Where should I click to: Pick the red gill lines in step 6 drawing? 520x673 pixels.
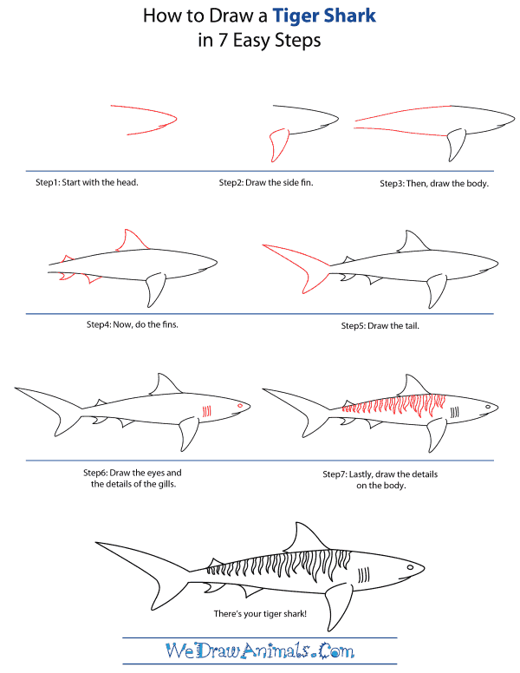point(205,409)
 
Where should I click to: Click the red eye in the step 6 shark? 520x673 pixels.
point(237,405)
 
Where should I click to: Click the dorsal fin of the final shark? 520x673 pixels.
point(303,536)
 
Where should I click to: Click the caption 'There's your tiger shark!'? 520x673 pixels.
point(259,615)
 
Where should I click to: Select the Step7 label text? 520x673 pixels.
point(338,474)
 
